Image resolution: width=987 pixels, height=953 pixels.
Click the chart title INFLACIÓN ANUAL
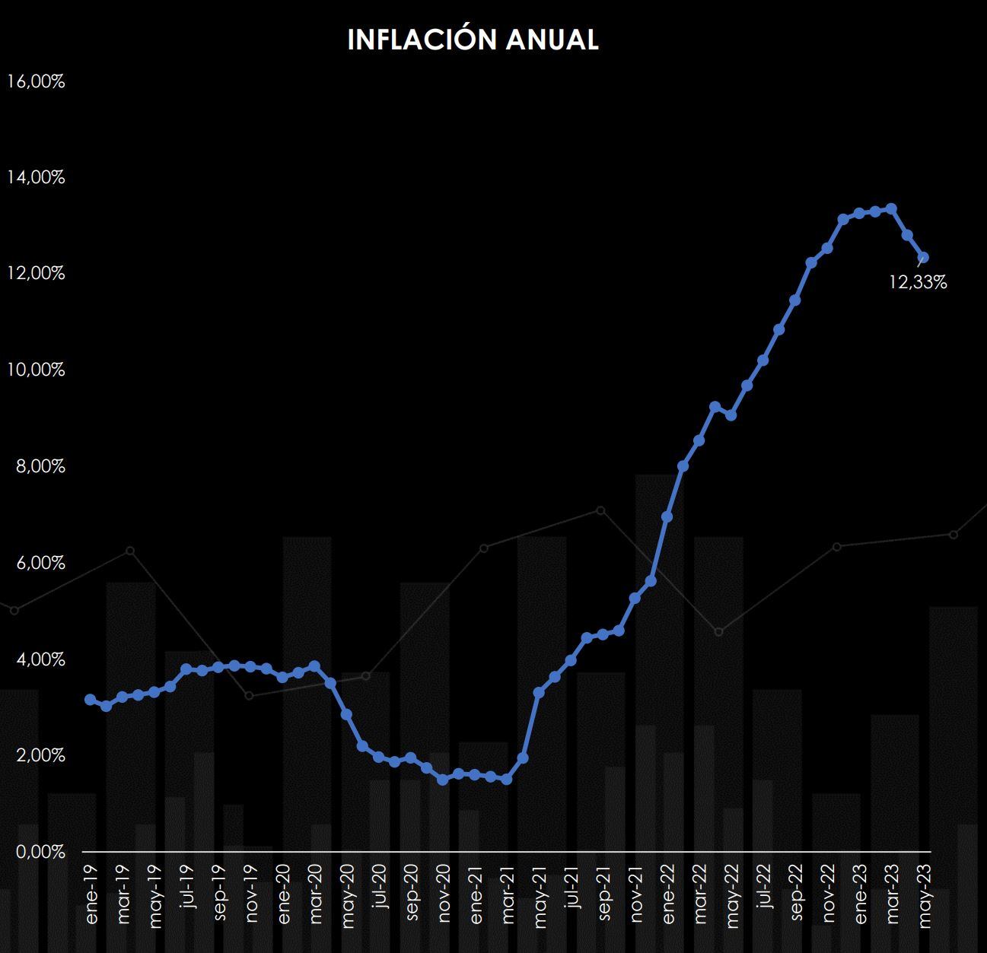pos(473,40)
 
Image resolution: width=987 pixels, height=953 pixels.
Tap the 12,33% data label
pos(918,283)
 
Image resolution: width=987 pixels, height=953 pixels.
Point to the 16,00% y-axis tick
pos(36,81)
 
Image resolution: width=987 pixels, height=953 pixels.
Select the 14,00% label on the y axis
pos(36,177)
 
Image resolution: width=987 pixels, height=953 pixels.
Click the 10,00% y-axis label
pos(36,370)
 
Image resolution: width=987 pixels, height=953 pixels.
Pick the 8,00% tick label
pos(40,466)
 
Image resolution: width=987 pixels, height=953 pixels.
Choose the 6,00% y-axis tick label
pos(40,563)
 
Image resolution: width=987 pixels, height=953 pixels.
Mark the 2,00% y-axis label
pos(40,755)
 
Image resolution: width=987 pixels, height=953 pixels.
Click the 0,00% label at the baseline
pos(40,852)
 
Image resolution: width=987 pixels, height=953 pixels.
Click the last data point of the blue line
pos(923,257)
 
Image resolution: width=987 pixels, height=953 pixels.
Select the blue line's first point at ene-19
pos(90,699)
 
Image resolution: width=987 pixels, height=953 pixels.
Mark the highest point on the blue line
pos(891,208)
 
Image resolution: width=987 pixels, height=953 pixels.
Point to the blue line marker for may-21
pos(539,692)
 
